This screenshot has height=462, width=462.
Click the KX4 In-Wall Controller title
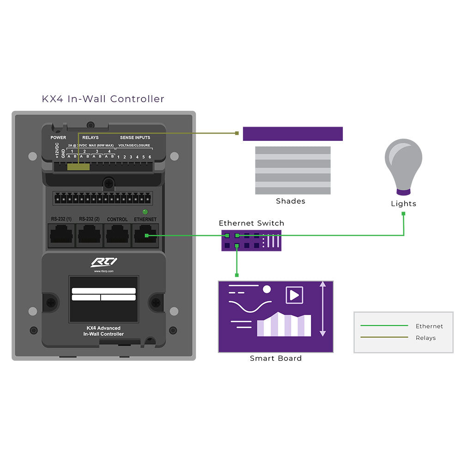click(x=103, y=99)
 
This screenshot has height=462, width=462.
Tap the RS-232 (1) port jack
click(x=61, y=235)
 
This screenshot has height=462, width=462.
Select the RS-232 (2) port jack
click(x=89, y=235)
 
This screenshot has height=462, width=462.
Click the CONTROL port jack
click(x=117, y=235)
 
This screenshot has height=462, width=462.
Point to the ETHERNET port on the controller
click(x=146, y=235)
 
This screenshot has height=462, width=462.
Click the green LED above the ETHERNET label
click(x=145, y=212)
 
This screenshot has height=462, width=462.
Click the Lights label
click(x=403, y=204)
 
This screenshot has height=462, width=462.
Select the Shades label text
click(x=291, y=201)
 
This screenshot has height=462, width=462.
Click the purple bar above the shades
click(x=293, y=134)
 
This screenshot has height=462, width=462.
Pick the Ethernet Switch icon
click(x=251, y=240)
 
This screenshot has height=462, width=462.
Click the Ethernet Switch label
click(x=251, y=223)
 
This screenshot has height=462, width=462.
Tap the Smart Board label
click(x=276, y=358)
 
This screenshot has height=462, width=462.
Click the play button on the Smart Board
click(x=294, y=295)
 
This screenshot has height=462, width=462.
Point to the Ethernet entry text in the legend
click(x=429, y=326)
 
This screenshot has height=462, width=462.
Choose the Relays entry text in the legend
click(x=426, y=338)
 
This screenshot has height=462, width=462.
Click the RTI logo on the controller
click(x=103, y=262)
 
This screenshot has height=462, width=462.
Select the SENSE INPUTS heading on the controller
click(x=135, y=138)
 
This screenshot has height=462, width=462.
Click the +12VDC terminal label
click(x=57, y=151)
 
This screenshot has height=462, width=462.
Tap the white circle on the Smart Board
click(x=267, y=289)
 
